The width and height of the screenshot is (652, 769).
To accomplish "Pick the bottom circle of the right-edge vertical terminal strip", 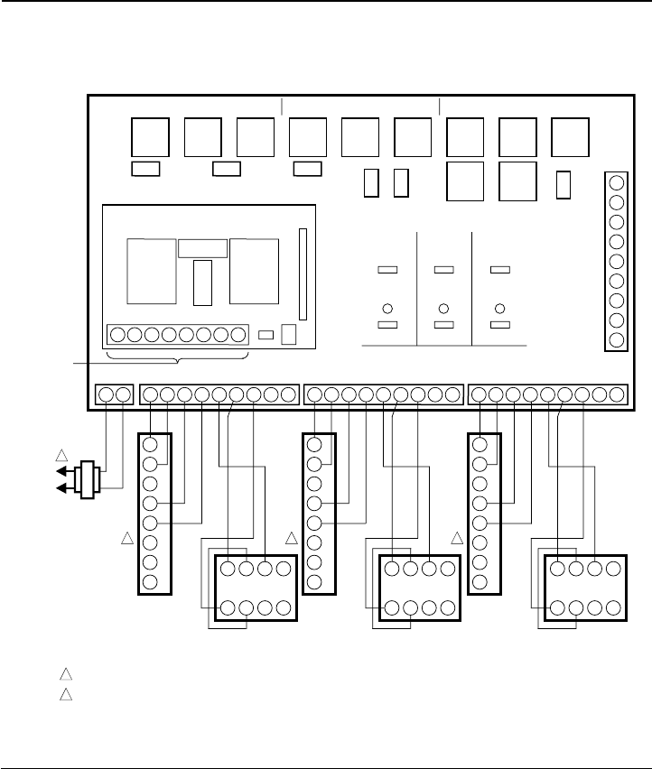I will click(x=617, y=340).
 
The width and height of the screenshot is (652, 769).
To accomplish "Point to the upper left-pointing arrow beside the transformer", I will click(x=61, y=471).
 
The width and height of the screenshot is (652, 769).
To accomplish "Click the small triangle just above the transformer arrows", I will click(x=61, y=453).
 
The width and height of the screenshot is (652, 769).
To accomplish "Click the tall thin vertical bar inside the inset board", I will click(x=303, y=273).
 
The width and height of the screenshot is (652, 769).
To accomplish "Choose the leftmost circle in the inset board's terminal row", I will click(x=116, y=335).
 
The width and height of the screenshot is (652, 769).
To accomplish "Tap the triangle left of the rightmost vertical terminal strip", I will click(x=457, y=539).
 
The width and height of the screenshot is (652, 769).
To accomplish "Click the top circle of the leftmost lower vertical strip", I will click(x=151, y=445).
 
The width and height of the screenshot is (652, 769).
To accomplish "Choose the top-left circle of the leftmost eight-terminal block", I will click(x=227, y=569).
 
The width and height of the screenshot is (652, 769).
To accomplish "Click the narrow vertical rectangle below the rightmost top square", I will click(x=563, y=183).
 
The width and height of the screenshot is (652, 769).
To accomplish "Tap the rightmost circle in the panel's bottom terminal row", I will click(x=618, y=394).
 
